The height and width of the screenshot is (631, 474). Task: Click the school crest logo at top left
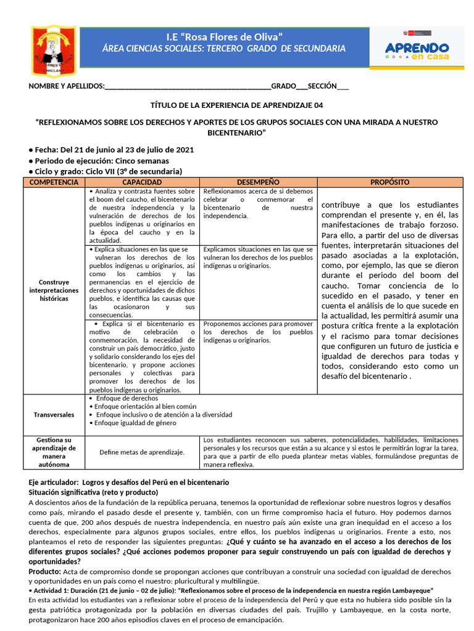click(54, 51)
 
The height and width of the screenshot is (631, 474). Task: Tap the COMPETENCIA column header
click(54, 182)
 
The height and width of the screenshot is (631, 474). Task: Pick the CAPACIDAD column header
click(142, 182)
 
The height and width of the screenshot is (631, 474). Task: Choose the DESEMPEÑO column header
click(258, 182)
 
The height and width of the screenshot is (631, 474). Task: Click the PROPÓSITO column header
click(390, 182)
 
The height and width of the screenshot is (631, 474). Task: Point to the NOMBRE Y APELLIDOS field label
click(67, 86)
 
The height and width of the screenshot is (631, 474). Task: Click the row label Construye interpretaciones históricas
click(54, 290)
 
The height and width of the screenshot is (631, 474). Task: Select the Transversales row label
click(54, 415)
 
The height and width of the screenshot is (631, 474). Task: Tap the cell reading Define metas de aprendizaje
click(142, 452)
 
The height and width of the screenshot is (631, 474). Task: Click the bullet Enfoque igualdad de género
click(133, 423)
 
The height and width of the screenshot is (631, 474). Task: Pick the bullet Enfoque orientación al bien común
click(143, 407)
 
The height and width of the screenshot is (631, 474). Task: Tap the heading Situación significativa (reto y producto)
click(93, 492)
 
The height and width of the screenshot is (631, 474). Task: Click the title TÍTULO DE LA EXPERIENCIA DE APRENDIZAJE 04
click(236, 105)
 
